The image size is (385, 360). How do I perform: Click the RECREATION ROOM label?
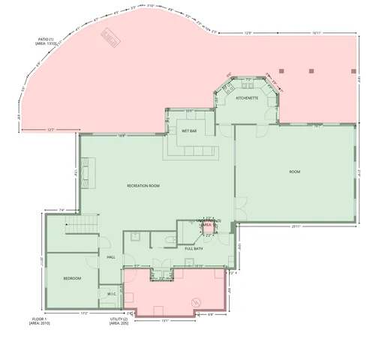click(x=143, y=185)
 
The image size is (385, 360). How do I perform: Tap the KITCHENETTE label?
click(x=247, y=98)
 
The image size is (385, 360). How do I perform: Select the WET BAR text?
click(x=188, y=130)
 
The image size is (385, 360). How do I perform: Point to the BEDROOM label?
click(x=72, y=278)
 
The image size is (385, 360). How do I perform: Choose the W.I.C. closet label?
click(x=111, y=294)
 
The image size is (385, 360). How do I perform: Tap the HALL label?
click(x=110, y=256)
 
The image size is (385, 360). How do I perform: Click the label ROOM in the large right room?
click(x=295, y=172)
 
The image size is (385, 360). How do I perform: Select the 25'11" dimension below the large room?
click(x=296, y=227)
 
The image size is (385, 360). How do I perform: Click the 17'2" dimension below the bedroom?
click(x=84, y=313)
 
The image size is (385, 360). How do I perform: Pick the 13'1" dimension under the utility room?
click(x=165, y=320)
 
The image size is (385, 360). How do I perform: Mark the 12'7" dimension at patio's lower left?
click(x=51, y=130)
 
